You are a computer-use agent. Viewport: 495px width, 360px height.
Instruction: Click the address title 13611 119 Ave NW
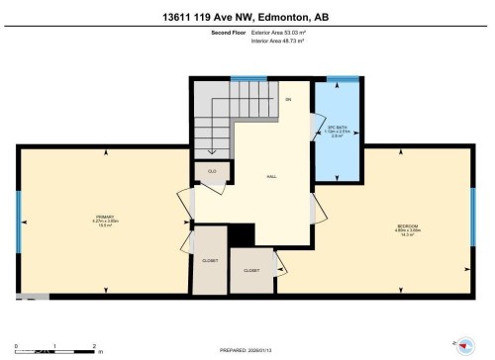point(247,16)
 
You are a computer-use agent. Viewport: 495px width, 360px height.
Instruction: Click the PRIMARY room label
point(106,220)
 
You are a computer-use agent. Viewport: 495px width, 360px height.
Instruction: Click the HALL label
point(270,176)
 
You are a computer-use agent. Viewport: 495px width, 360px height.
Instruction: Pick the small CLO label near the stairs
point(212,171)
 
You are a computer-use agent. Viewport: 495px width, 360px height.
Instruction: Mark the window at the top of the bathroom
point(342,78)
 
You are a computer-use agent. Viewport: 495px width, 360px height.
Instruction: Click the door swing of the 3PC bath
point(317,207)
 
